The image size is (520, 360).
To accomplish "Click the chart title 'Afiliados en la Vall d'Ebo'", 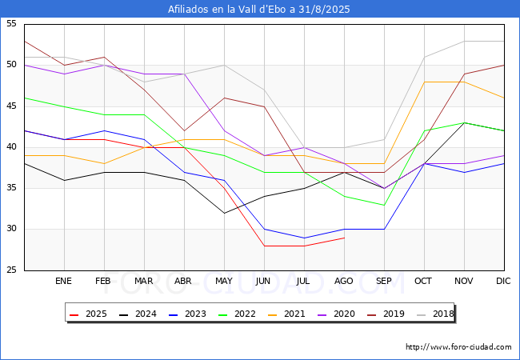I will click(x=259, y=10).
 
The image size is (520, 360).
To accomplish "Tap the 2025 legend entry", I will click(x=88, y=314).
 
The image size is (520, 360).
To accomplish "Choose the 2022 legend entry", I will click(x=237, y=314).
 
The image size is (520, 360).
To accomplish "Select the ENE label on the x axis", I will click(x=64, y=281).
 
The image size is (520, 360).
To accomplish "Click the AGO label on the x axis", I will click(x=344, y=281).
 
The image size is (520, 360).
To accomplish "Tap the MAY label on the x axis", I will click(x=224, y=281).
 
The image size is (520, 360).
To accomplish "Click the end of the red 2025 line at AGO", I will click(x=344, y=238).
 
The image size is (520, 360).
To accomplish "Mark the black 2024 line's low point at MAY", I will click(x=224, y=213).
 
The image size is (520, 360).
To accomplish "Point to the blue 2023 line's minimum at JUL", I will click(x=304, y=238).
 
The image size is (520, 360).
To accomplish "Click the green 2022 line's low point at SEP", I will click(x=384, y=205).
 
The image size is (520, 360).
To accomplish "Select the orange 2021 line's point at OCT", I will click(x=424, y=82).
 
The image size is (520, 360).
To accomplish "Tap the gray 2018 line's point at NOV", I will click(x=464, y=41).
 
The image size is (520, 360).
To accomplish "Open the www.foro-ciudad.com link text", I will click(x=458, y=347).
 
